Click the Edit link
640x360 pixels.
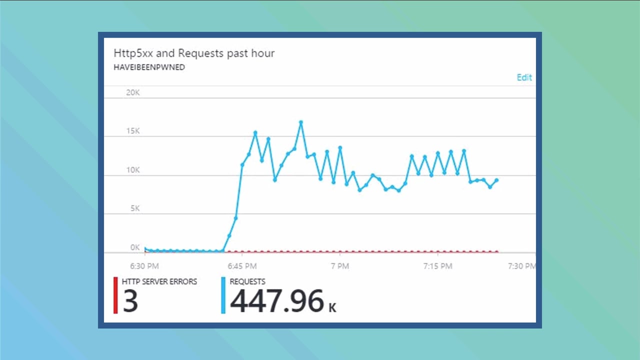click(524, 77)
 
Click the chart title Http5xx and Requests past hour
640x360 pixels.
click(194, 53)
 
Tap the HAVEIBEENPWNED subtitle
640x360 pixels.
click(149, 67)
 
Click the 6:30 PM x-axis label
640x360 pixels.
click(144, 266)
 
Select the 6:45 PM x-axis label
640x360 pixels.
click(242, 266)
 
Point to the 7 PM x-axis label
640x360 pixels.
click(339, 266)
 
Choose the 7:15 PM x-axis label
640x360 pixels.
click(437, 266)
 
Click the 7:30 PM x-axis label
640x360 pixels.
click(521, 266)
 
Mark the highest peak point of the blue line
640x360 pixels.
click(301, 122)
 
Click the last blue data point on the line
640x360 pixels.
click(496, 180)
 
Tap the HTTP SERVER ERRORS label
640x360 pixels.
click(159, 282)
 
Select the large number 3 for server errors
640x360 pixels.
click(130, 302)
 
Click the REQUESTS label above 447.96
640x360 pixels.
click(247, 282)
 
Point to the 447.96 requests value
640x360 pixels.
click(277, 302)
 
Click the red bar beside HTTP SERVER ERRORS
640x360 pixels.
click(115, 295)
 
